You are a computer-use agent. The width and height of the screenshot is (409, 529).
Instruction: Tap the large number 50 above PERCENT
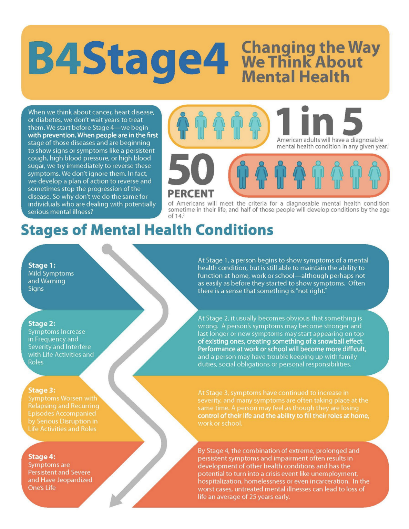pos(191,169)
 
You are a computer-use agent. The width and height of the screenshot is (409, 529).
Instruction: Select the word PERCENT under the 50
pos(191,194)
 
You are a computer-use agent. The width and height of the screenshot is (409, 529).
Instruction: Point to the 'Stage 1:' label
pos(42,265)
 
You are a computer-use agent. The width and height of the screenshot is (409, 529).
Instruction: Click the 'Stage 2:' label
pos(42,323)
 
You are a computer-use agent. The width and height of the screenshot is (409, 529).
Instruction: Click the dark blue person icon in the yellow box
pos(183,125)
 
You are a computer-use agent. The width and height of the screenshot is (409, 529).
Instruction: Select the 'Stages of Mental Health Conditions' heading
pos(147,230)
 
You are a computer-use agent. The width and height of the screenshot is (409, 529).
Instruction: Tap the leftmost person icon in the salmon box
pos(243,175)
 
